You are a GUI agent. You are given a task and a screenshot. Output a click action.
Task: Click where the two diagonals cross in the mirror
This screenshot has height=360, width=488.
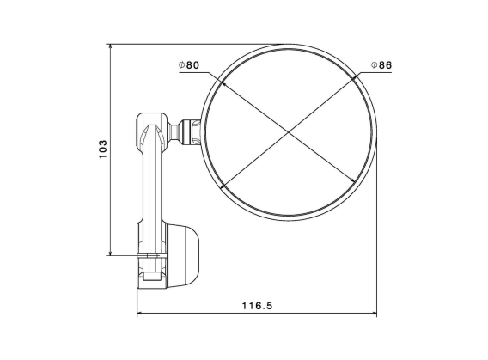point(289,131)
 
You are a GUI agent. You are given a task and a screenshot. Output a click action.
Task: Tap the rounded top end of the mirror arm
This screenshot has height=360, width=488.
point(151,121)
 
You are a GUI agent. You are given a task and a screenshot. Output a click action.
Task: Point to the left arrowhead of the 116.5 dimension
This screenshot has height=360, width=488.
point(141,314)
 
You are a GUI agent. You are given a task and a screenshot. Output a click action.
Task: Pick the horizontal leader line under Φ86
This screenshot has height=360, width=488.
point(378,73)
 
